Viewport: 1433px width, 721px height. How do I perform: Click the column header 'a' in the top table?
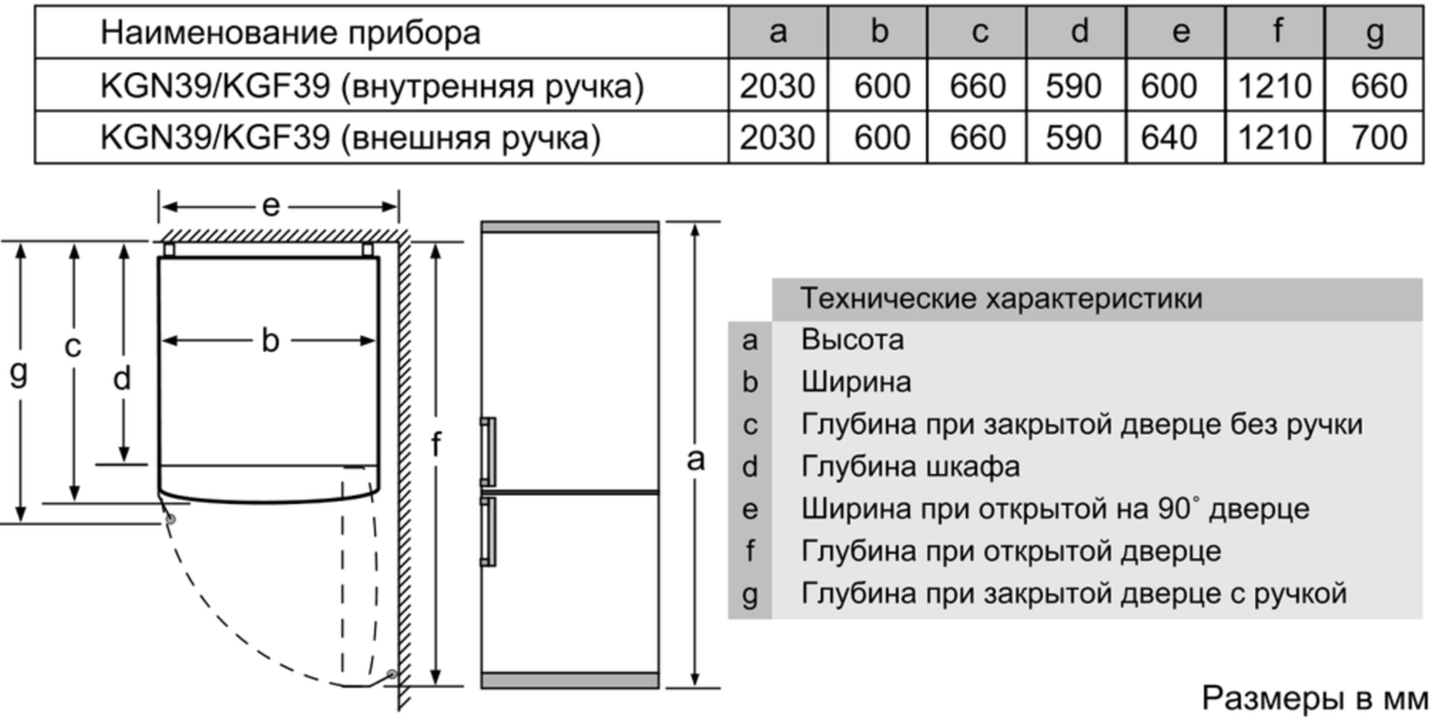point(778,32)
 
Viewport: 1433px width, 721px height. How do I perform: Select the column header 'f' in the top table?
point(1275,30)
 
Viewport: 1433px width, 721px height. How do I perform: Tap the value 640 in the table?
point(1168,138)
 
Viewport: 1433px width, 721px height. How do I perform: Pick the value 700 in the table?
point(1378,138)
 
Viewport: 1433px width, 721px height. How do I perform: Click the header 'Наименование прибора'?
point(290,32)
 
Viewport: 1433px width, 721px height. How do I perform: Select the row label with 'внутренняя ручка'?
point(371,86)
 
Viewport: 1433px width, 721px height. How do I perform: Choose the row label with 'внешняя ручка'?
point(350,138)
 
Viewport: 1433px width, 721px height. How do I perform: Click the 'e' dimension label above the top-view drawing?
point(271,206)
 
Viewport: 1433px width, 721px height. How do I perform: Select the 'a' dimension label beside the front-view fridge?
point(695,458)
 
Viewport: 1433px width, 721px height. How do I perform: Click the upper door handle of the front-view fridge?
point(488,451)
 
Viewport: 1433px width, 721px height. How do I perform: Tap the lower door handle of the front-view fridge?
point(488,531)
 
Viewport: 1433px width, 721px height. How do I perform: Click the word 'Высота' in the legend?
point(852,339)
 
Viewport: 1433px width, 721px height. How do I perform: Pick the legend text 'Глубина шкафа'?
point(910,468)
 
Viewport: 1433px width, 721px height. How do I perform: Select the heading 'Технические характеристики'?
point(1002,298)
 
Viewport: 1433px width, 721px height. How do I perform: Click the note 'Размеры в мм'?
point(1314,698)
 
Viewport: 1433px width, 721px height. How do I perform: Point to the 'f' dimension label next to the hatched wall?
point(436,444)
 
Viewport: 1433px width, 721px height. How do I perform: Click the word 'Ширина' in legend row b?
point(856,382)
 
